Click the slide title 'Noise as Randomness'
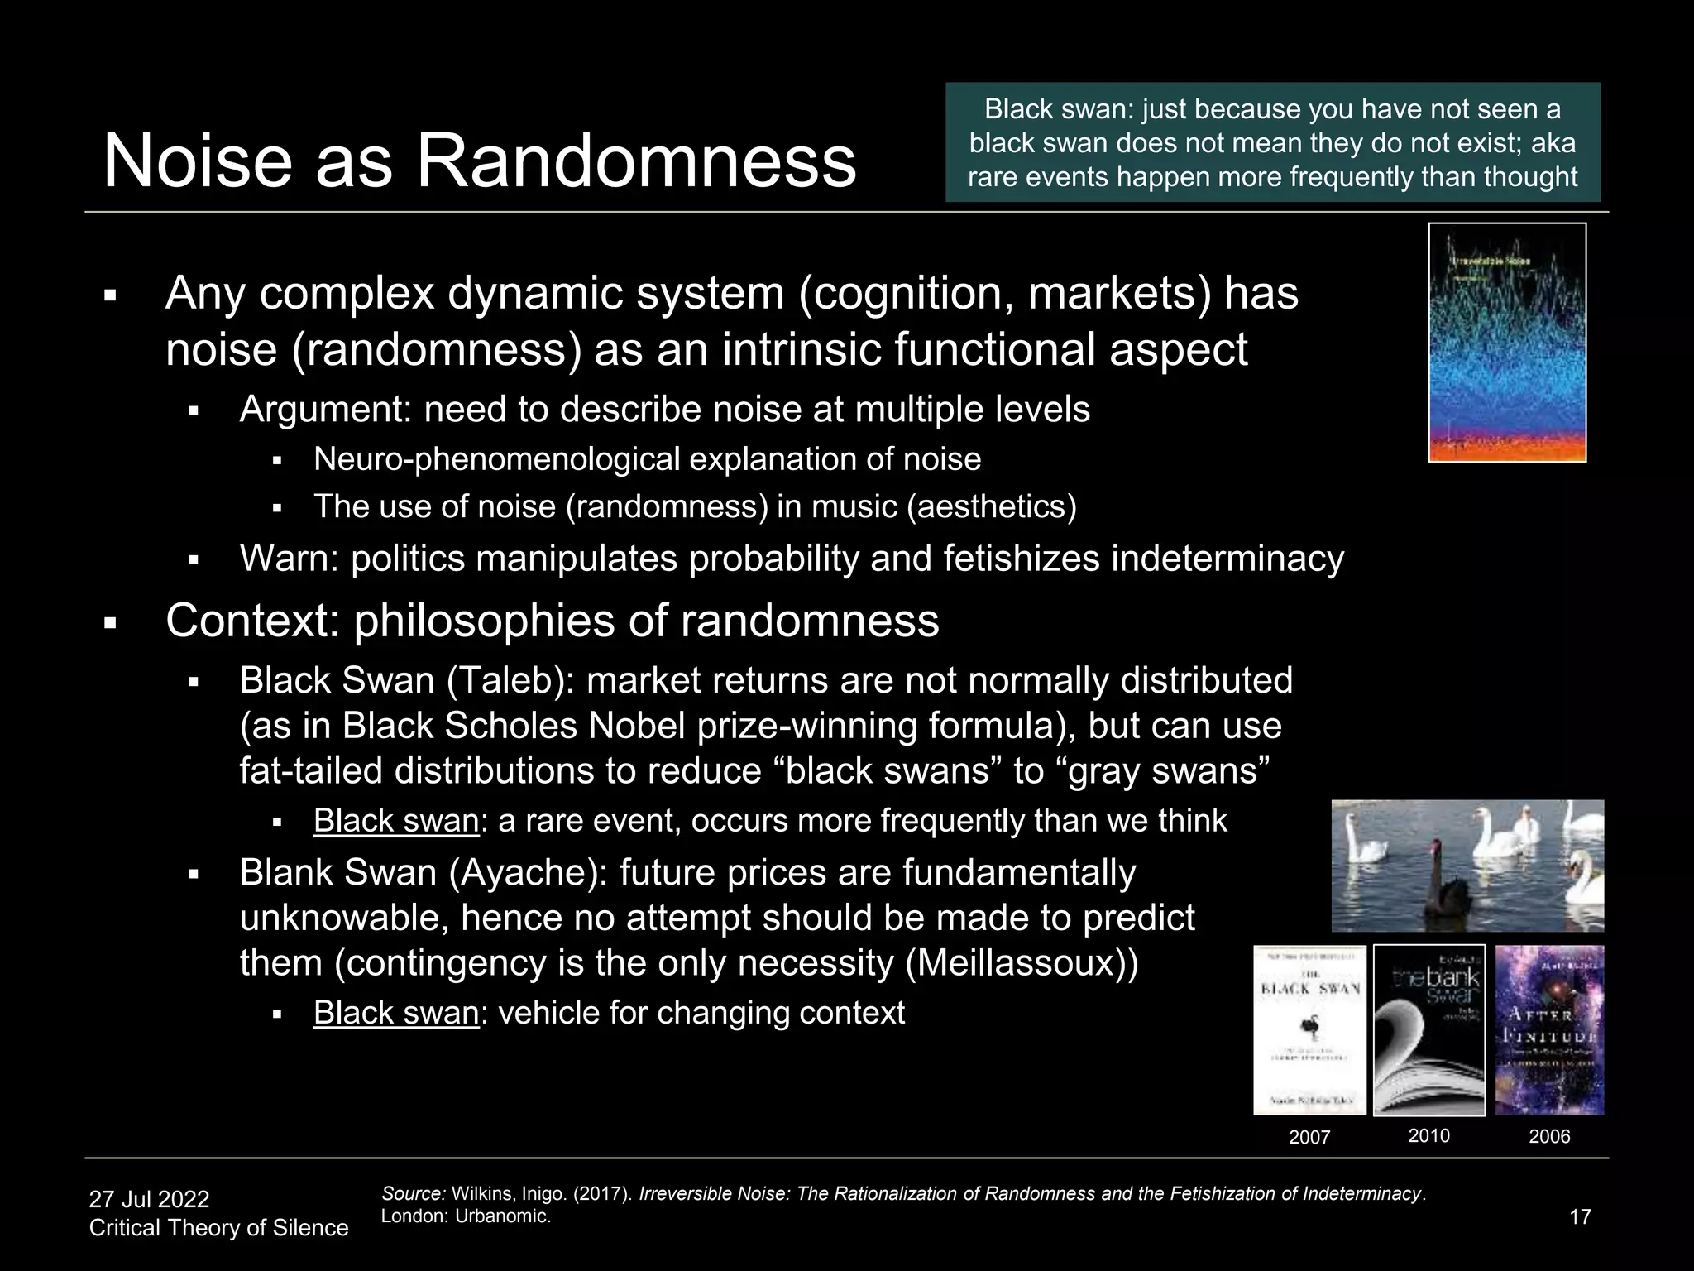click(479, 161)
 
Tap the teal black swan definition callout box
click(1272, 142)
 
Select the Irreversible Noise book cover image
click(1507, 343)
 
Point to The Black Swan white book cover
click(1309, 1030)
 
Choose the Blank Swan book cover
click(1428, 1030)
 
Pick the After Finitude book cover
click(1549, 1030)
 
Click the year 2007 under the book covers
click(1309, 1137)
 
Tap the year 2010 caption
click(1428, 1135)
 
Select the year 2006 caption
click(1549, 1136)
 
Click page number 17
click(1580, 1216)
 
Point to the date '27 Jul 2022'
click(149, 1199)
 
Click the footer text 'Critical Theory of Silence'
click(218, 1228)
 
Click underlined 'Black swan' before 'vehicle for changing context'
click(396, 1013)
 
